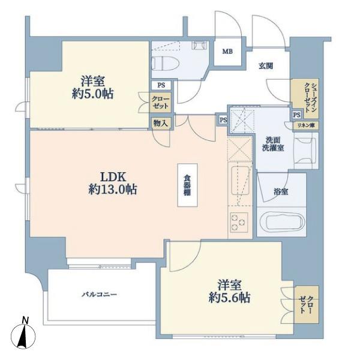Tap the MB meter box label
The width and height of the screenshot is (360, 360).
(x=227, y=52)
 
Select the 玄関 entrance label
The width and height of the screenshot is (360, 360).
(x=266, y=66)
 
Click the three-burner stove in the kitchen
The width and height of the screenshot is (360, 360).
(x=239, y=222)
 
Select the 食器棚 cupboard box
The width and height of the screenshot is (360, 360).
(x=188, y=185)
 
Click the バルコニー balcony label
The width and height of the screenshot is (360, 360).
(x=100, y=294)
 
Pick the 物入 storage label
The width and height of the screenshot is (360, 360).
(x=161, y=123)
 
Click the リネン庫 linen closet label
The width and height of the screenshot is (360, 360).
(x=305, y=125)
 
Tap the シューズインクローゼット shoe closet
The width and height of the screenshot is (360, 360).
(x=305, y=98)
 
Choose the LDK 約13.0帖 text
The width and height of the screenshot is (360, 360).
(x=113, y=183)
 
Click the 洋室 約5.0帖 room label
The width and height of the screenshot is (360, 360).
(x=92, y=88)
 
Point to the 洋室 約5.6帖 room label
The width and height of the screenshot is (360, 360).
(x=229, y=292)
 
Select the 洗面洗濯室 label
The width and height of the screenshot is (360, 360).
(x=273, y=144)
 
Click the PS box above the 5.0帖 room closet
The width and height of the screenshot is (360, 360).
(x=161, y=85)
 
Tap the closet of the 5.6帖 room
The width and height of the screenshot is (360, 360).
(x=307, y=304)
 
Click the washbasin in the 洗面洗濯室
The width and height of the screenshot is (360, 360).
(x=306, y=151)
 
